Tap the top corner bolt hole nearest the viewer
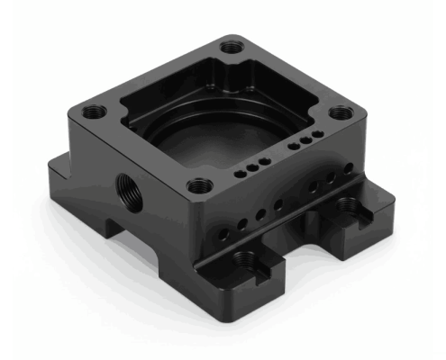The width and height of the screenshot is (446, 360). tap(200, 187)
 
